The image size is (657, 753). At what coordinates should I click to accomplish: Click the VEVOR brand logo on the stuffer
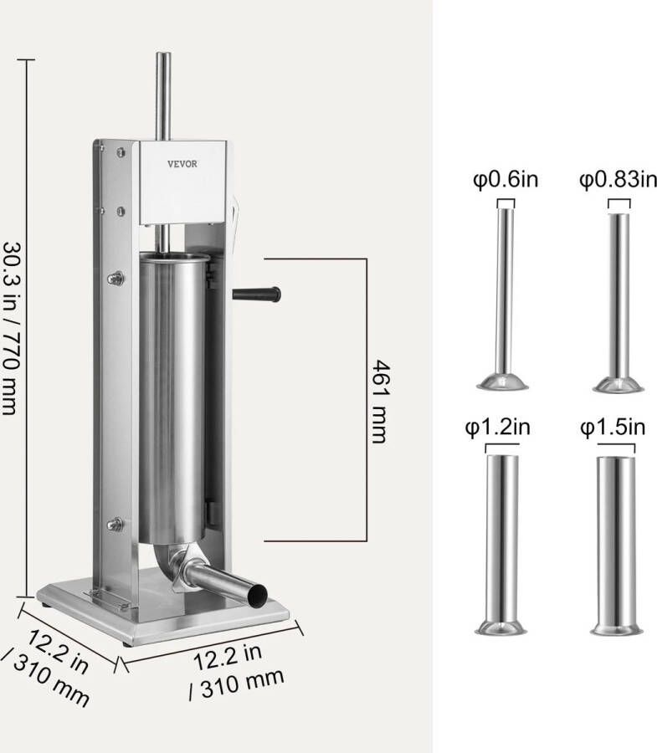[x=182, y=164]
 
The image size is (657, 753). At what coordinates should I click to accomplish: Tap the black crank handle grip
[x=259, y=295]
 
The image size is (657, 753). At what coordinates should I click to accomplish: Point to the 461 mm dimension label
[x=378, y=402]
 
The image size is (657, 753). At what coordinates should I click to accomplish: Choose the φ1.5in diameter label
[x=614, y=428]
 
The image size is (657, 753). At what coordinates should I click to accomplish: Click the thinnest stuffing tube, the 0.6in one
[x=503, y=293]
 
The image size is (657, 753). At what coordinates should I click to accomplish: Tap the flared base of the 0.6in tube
[x=502, y=382]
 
